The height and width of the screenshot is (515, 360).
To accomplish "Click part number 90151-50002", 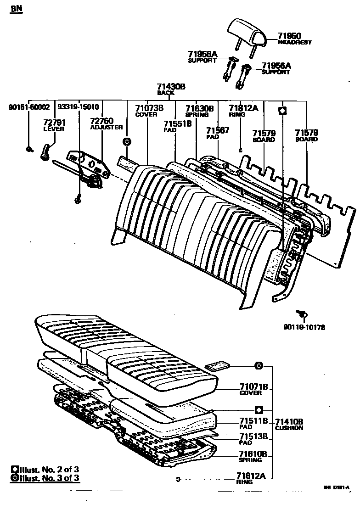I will tap(28, 107).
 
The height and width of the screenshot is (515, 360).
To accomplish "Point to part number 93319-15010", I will tap(78, 107).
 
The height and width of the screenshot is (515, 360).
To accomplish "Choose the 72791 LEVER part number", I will tap(54, 123).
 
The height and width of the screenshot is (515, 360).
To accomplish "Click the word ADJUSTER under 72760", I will tap(107, 127).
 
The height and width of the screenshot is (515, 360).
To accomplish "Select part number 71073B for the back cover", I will tap(149, 108).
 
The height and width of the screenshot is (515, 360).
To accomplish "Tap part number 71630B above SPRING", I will tap(199, 108).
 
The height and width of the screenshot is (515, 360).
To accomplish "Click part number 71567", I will tap(217, 130).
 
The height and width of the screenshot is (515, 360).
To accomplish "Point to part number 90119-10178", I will tap(304, 327).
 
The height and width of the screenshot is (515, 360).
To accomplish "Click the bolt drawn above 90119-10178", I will tap(303, 313).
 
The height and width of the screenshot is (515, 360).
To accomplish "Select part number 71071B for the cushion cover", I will tap(253, 386).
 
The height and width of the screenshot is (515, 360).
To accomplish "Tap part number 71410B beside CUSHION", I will tap(289, 421).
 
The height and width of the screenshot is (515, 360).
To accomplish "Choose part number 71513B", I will tap(253, 437).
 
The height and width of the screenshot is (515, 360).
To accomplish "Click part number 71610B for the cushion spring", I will tap(253, 453).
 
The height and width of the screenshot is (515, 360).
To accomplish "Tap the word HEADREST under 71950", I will tap(295, 42).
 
